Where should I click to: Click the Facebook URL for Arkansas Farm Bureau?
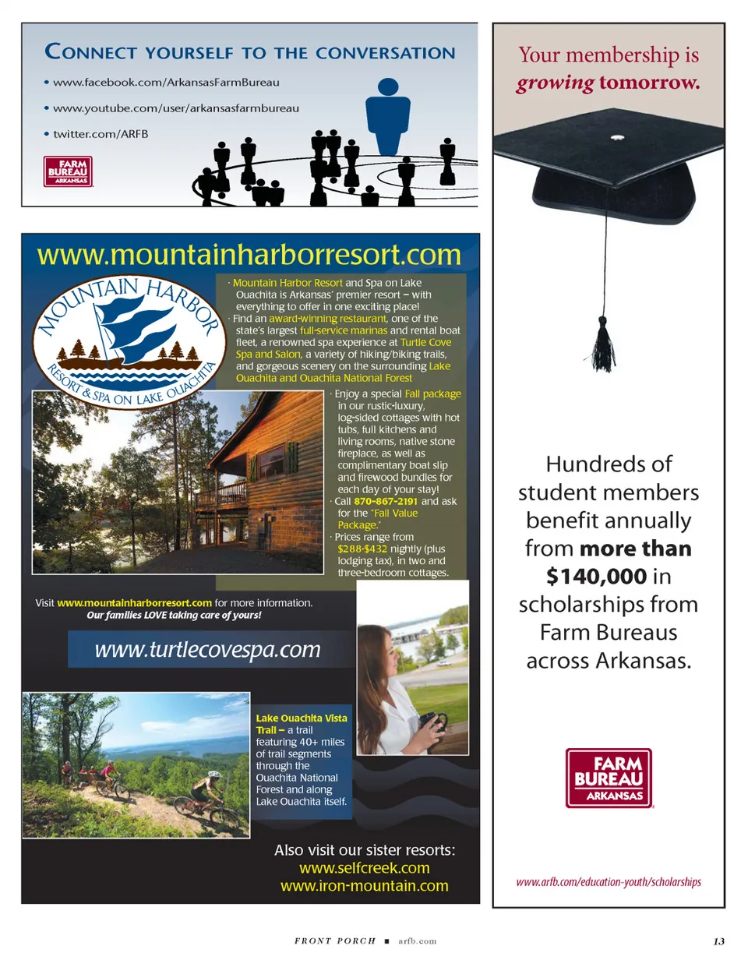166,82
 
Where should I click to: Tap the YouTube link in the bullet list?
175,108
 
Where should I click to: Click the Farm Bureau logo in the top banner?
69,171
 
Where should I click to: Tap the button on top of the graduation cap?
617,138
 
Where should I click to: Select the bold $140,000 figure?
596,576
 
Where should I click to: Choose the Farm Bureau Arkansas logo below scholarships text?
609,777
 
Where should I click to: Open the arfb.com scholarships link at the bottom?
609,882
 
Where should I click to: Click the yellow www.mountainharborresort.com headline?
249,254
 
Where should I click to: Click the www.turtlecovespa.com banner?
207,649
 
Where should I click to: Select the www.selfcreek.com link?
364,867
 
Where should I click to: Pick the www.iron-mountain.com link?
364,885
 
